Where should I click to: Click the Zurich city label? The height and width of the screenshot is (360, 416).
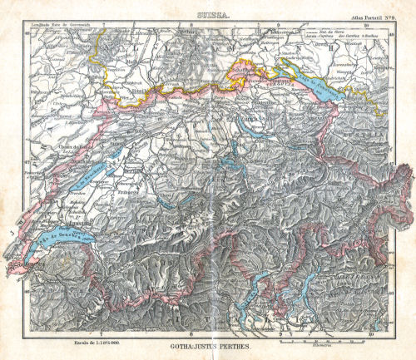click(x=250, y=119)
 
